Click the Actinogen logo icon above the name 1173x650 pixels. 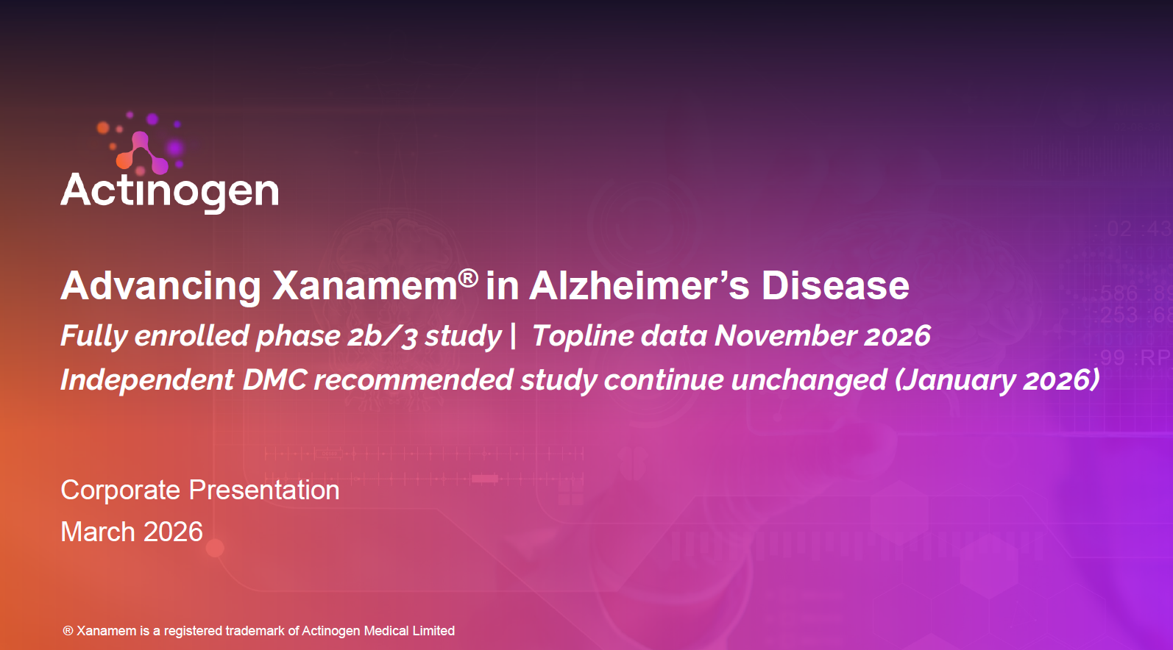point(141,151)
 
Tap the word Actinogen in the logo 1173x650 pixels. point(170,191)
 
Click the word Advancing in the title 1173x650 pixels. point(160,287)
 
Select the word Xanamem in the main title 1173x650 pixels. point(364,286)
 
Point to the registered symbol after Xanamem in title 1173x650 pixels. point(468,278)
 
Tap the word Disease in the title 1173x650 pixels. point(835,286)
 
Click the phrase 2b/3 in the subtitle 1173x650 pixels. point(382,335)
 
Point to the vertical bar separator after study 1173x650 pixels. point(513,335)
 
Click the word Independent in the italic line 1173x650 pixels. point(147,380)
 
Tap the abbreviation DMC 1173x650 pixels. point(274,379)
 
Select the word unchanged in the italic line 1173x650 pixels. point(809,380)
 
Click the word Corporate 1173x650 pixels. point(121,490)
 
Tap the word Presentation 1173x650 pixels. point(264,490)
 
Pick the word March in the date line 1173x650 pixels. point(98,532)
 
